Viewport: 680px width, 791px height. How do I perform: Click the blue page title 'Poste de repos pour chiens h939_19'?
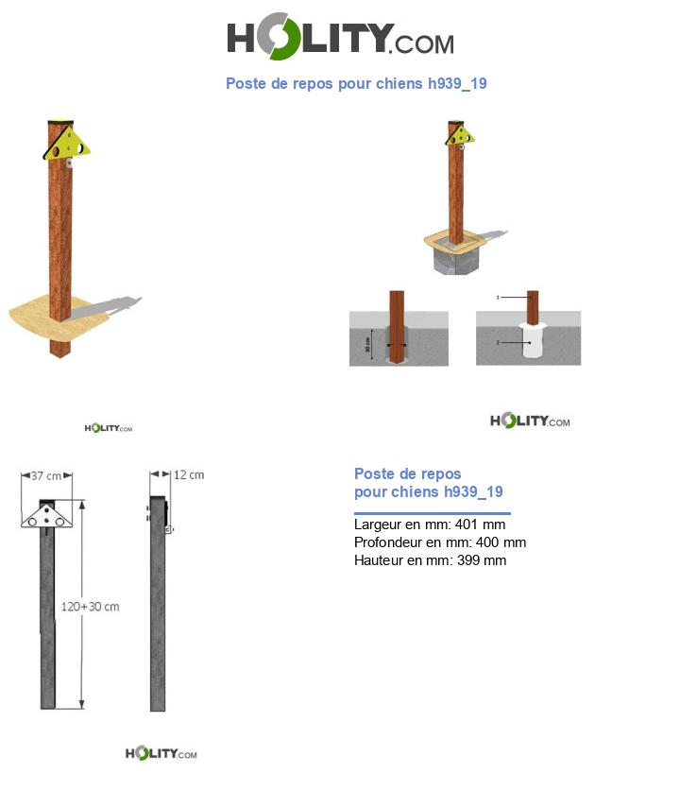tap(356, 84)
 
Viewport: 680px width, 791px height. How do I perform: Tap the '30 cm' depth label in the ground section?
tap(368, 346)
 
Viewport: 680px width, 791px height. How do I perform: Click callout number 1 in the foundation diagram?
tap(498, 297)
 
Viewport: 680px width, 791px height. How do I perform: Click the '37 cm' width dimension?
tap(46, 475)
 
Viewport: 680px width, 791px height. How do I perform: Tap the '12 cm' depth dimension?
tap(189, 474)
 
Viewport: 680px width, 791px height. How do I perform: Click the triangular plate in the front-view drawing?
tap(48, 516)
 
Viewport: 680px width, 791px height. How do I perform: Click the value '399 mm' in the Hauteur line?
tap(482, 560)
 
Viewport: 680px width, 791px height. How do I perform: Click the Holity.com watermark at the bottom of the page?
tap(161, 753)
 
